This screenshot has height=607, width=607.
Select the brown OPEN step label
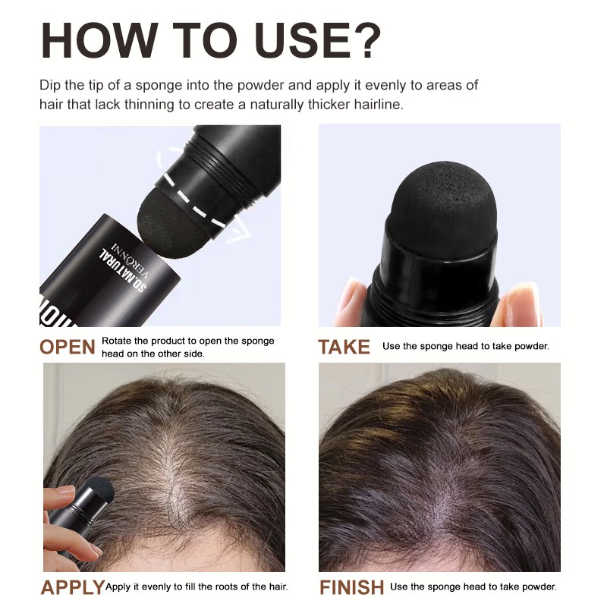(68, 348)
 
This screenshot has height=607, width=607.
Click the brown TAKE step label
(344, 348)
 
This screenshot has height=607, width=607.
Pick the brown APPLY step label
(72, 587)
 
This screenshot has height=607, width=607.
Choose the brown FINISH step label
(351, 587)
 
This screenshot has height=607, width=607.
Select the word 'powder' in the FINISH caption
(539, 587)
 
